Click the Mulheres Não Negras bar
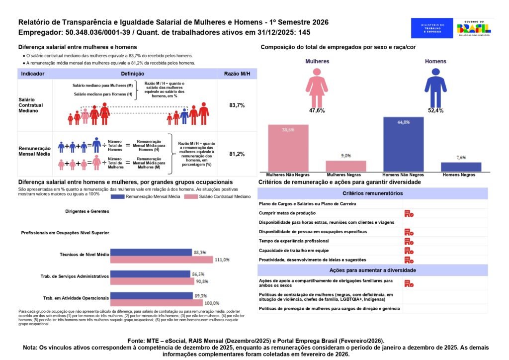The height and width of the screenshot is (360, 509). coord(288,148)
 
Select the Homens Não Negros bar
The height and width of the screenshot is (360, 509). coord(403,145)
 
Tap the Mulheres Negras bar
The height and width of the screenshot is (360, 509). coord(346,166)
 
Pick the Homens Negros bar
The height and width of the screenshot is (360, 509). coord(461,167)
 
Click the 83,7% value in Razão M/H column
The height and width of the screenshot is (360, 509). coord(237,105)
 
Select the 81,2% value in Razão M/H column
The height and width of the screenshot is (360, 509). coord(237,154)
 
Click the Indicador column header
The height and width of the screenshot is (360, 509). coord(33,74)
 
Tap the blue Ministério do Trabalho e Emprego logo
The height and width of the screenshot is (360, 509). coord(432,28)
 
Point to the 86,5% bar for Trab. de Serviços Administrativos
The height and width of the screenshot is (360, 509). coord(150,274)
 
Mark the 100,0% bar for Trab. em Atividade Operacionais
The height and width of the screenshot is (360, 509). coord(157,303)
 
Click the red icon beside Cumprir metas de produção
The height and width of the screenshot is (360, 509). coord(409,213)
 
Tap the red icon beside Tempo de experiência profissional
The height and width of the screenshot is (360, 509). coord(409,241)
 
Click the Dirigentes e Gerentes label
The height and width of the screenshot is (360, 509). coord(87,211)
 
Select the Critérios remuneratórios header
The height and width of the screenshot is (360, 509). coord(373,193)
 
